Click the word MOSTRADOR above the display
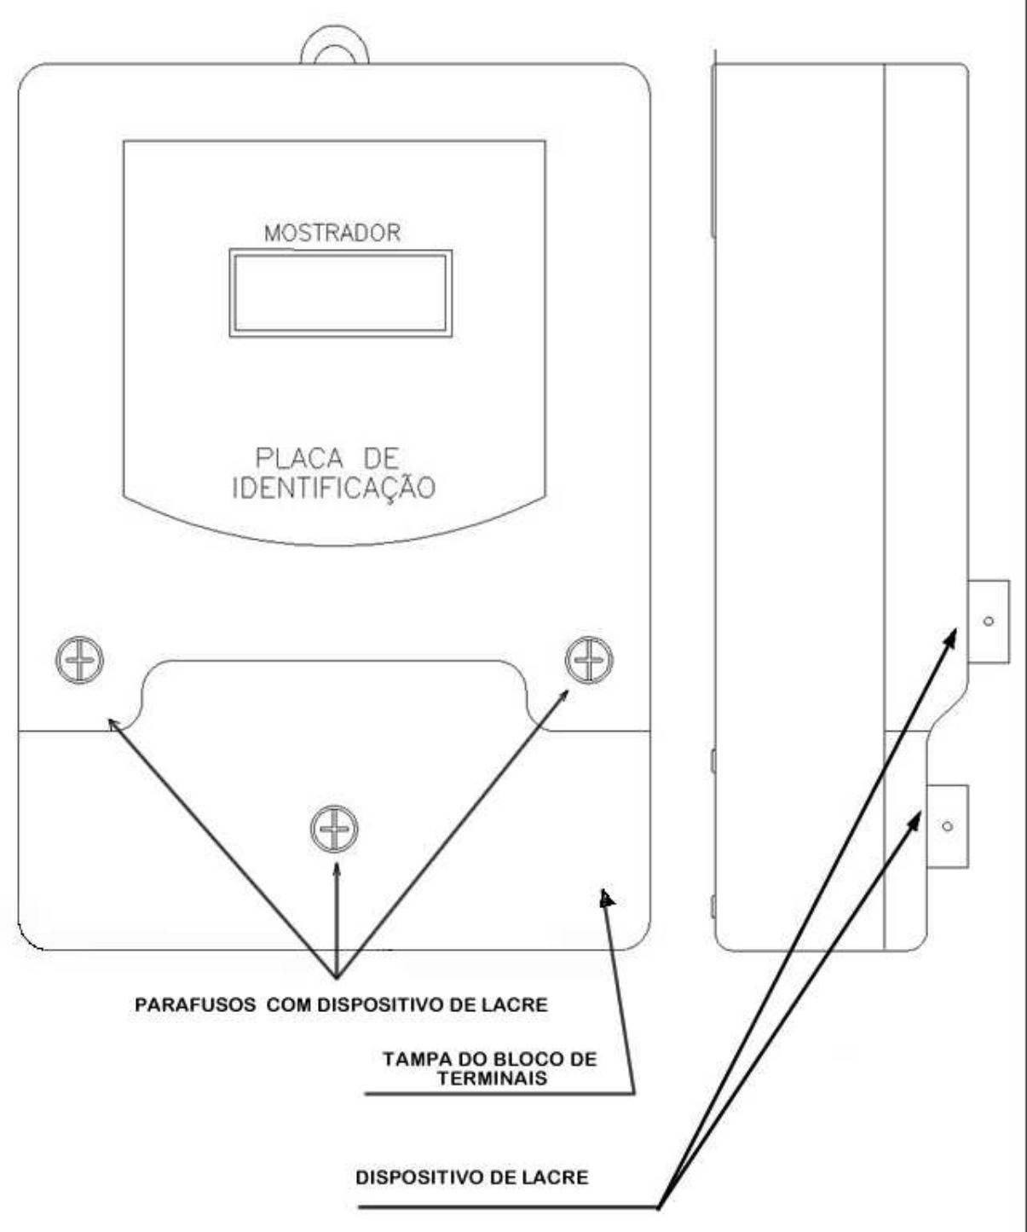point(332,233)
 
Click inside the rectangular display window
point(340,293)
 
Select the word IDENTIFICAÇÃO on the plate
point(334,488)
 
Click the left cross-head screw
point(79,660)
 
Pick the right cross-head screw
point(589,660)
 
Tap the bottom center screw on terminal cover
point(334,829)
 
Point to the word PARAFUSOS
point(195,1004)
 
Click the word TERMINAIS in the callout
point(492,1078)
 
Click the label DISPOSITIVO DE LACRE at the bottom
point(472,1177)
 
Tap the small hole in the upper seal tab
point(989,622)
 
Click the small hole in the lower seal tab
point(948,826)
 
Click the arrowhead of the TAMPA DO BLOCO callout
point(607,898)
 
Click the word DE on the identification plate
point(379,459)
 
